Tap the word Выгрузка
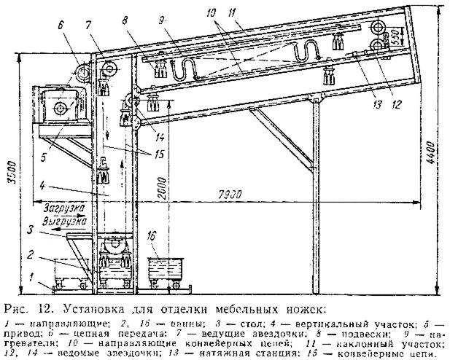[64, 217]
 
